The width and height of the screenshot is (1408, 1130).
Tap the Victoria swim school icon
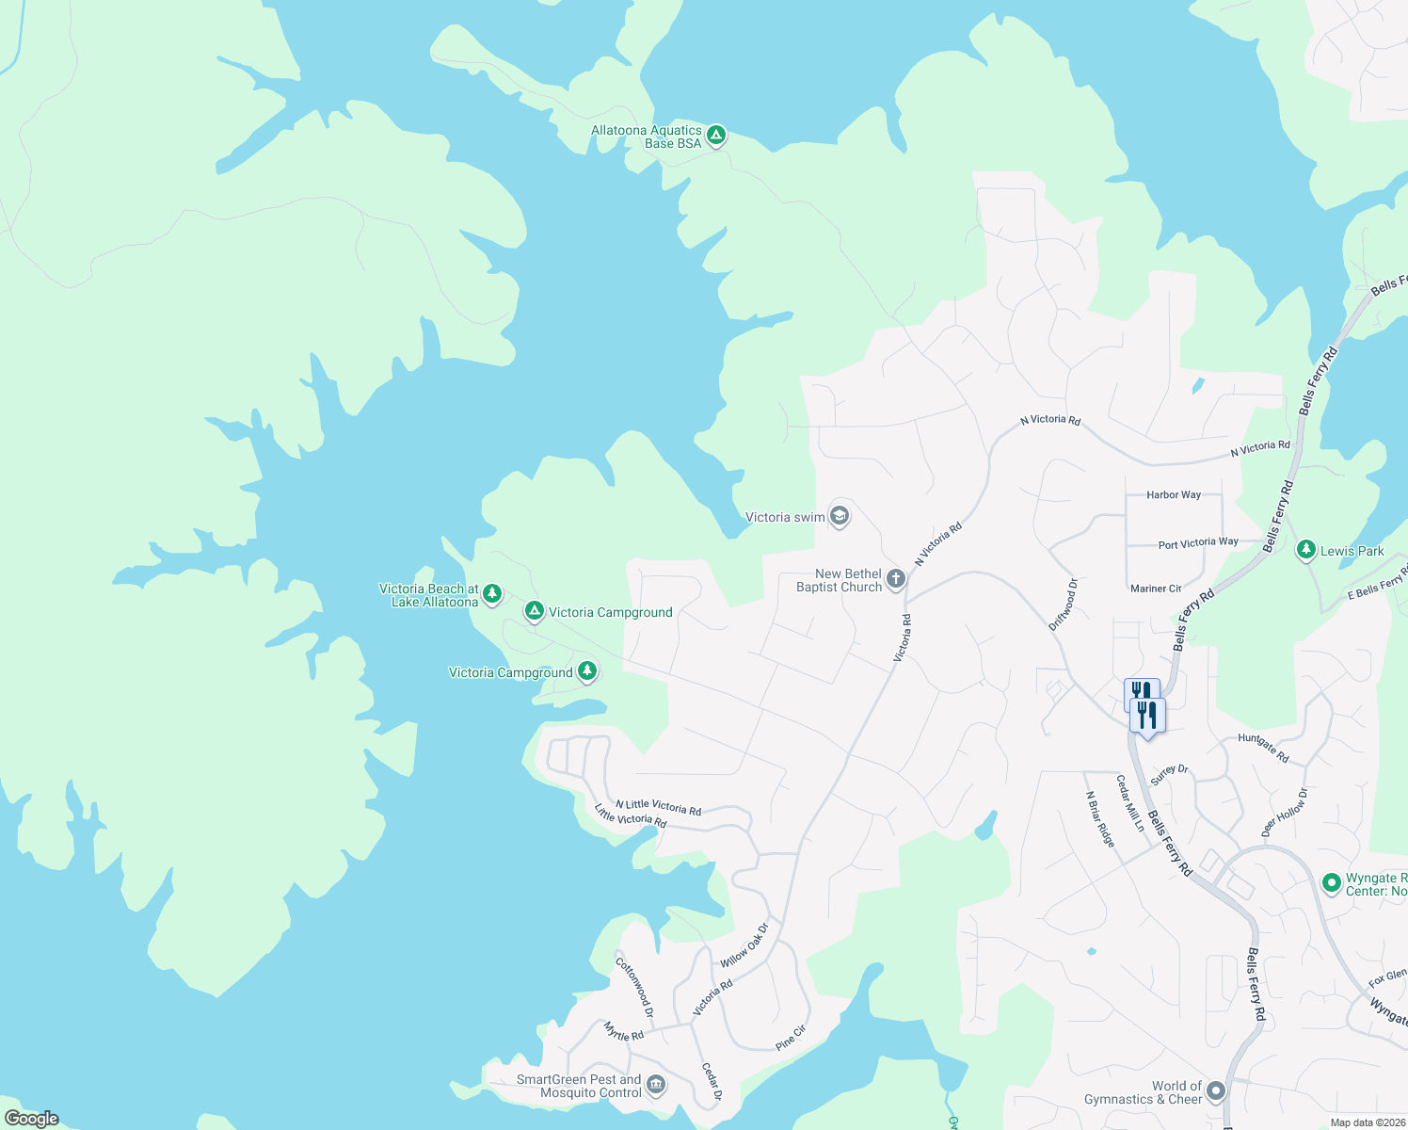click(x=839, y=516)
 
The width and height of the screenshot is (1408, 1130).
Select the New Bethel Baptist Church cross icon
click(x=895, y=579)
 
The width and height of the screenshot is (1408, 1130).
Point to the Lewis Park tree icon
click(x=1305, y=550)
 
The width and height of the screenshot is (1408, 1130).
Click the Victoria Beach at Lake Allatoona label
click(x=429, y=595)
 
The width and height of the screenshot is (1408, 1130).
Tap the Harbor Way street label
click(x=1173, y=494)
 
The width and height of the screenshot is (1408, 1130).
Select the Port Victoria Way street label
click(x=1197, y=543)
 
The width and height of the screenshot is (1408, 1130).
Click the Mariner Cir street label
click(x=1155, y=589)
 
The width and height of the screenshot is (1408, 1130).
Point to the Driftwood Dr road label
click(x=1063, y=605)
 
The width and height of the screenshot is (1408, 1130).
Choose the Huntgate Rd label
click(x=1263, y=748)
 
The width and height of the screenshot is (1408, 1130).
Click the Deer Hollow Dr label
click(x=1284, y=813)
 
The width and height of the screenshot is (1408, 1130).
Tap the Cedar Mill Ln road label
click(x=1129, y=802)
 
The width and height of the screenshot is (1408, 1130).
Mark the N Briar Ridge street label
click(x=1100, y=818)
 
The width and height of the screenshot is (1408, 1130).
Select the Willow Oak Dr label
click(x=744, y=945)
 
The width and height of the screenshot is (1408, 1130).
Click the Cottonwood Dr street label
click(x=633, y=987)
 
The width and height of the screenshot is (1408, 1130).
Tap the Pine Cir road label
click(x=791, y=1038)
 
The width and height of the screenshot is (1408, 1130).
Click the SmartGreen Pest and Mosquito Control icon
click(x=656, y=1085)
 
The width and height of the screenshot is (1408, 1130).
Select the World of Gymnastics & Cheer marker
click(x=1216, y=1091)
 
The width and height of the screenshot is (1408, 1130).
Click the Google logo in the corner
click(x=32, y=1119)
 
